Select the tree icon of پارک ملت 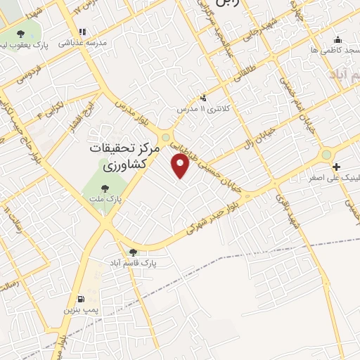pos(105,188)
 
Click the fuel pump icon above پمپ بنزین pos(80,298)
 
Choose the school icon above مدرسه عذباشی pos(82,32)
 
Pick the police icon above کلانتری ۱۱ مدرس pos(203,98)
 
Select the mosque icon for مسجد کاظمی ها pos(337,39)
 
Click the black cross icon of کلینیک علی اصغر pos(336,167)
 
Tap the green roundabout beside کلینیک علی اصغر pos(326,155)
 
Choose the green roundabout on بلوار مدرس pos(166,138)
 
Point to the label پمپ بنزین pos(78,309)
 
